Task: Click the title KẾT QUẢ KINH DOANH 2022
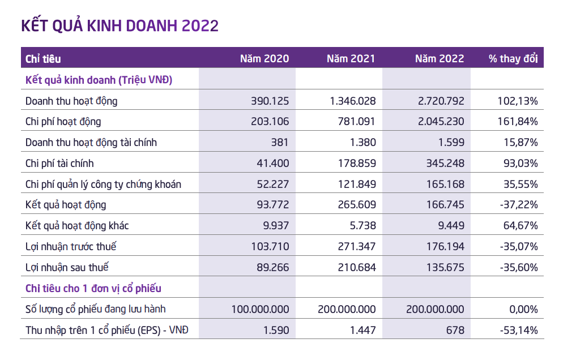(x=120, y=25)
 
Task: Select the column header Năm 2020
(x=264, y=58)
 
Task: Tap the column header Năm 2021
(x=351, y=58)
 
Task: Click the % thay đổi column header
(x=513, y=58)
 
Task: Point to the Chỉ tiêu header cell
(x=43, y=58)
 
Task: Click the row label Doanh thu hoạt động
(x=71, y=101)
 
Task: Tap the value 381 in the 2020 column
(x=280, y=143)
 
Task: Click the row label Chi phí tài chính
(x=59, y=164)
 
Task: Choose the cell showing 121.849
(x=357, y=184)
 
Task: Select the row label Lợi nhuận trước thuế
(x=71, y=246)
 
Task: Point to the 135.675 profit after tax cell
(x=444, y=267)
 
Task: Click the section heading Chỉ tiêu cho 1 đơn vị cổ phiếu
(x=93, y=288)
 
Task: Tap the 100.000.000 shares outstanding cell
(x=260, y=309)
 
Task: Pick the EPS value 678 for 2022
(x=455, y=329)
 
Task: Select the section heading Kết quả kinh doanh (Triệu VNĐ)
(x=99, y=80)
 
